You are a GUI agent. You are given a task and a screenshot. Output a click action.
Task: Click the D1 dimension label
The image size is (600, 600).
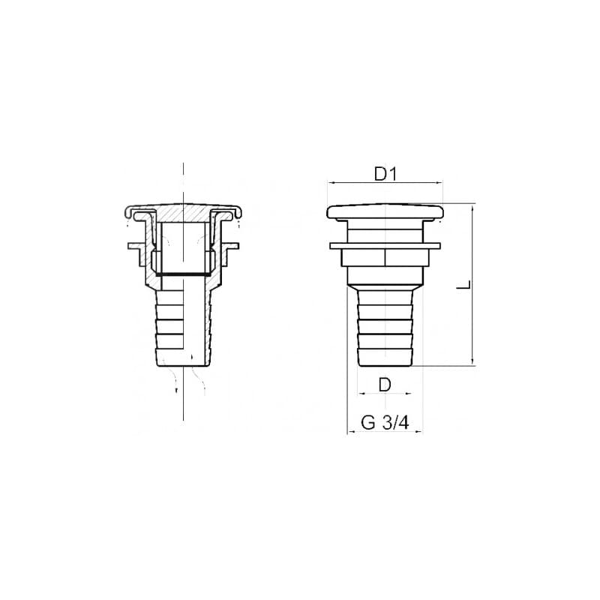point(385,175)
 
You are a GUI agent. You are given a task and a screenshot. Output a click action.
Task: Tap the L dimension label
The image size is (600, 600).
point(464,285)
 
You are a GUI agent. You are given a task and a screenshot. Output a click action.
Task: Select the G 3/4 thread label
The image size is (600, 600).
point(385,423)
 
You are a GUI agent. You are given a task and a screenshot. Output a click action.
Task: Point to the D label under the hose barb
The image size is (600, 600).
point(385,385)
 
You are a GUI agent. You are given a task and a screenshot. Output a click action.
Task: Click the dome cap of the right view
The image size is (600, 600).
point(385,212)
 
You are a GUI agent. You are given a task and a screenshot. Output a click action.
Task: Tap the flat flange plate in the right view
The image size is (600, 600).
point(385,246)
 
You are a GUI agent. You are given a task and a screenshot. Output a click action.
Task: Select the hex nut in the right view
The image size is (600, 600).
point(385,257)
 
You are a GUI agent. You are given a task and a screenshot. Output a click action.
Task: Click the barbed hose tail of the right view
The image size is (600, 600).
point(385,328)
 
